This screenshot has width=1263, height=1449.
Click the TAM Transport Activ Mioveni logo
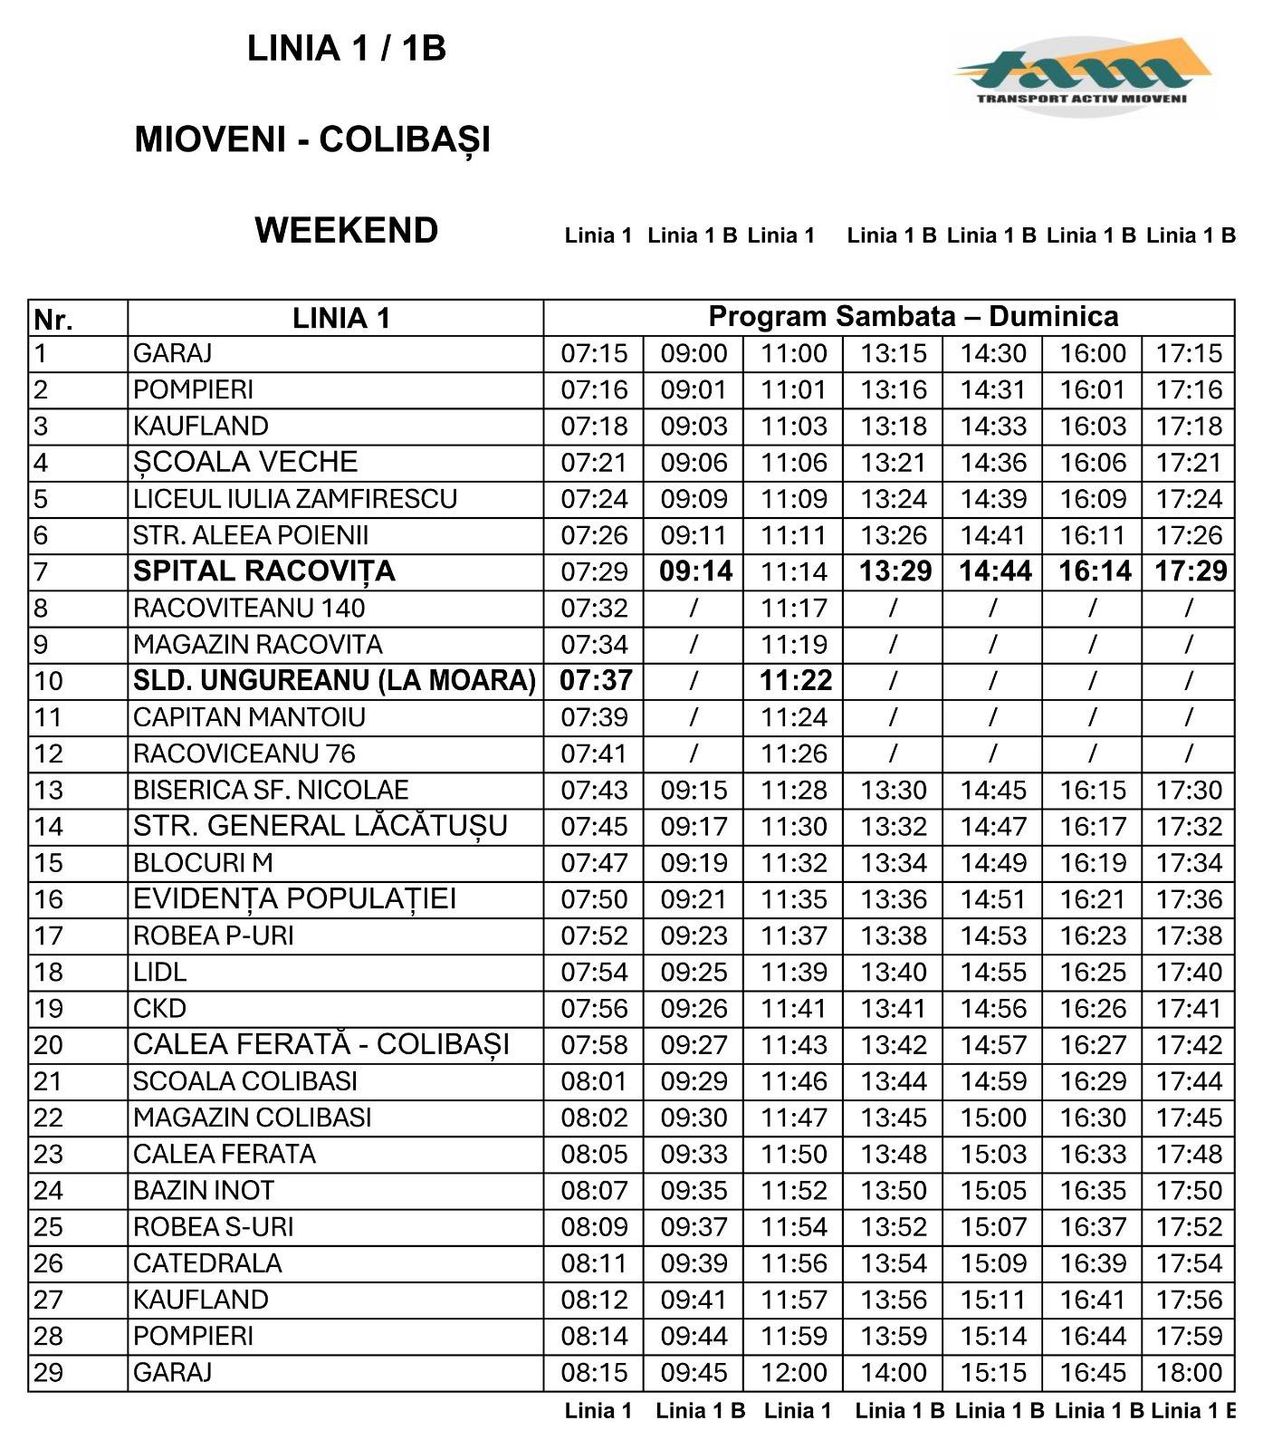[1083, 75]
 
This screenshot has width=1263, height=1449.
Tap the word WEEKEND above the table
[346, 231]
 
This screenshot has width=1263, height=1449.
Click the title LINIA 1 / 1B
[346, 49]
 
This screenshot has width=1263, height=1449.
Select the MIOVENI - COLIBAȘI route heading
[312, 139]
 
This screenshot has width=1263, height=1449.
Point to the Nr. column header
[53, 320]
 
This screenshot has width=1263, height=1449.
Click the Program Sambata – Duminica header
[913, 317]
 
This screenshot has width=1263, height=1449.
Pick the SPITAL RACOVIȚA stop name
[263, 571]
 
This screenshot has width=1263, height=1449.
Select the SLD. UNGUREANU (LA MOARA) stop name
[334, 681]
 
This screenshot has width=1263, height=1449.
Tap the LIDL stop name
[159, 973]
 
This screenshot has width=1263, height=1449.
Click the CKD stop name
[159, 1009]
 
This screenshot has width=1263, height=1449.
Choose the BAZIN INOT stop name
[203, 1191]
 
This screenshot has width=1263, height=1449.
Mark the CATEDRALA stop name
[207, 1263]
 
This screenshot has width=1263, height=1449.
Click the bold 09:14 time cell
[695, 571]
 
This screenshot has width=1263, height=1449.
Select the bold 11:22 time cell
[795, 681]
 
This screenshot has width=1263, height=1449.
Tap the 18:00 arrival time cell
[1189, 1373]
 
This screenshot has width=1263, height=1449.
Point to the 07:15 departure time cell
[594, 353]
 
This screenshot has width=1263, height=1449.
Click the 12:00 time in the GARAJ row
[794, 1373]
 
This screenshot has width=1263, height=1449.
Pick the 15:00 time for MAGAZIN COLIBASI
[993, 1118]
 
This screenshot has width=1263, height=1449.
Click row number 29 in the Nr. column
[49, 1373]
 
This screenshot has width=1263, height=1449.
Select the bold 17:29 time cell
[1190, 571]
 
